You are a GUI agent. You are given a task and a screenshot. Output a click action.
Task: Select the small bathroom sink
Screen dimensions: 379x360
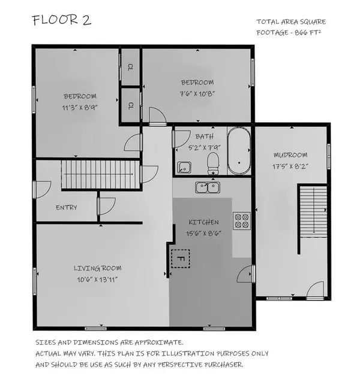(x=184, y=167)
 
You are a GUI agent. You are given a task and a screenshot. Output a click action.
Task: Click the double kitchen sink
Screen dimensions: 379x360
(x=208, y=187)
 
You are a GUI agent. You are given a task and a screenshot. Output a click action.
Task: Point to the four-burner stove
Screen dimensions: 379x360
(x=241, y=221)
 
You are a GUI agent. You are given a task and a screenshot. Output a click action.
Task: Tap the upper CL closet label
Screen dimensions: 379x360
(x=130, y=68)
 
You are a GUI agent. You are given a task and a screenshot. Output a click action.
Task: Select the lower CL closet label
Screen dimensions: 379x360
(x=130, y=105)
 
